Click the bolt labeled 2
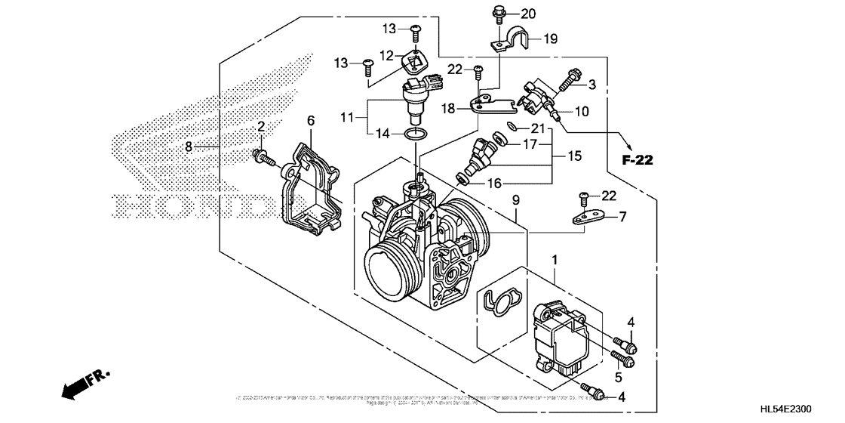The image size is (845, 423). coord(263,156)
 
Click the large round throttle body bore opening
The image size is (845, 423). coord(386,269)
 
